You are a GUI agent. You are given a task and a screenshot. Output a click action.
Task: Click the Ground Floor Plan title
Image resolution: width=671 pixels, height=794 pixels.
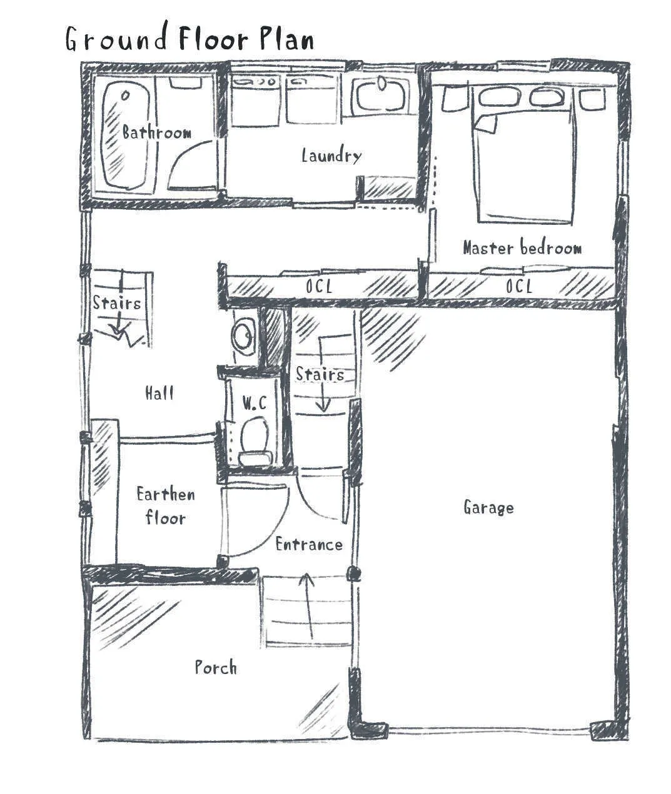[189, 38]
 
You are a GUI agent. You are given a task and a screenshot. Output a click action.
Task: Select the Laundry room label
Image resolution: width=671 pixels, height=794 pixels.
[331, 156]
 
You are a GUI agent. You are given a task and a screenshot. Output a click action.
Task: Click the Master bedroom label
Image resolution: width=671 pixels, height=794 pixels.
[522, 247]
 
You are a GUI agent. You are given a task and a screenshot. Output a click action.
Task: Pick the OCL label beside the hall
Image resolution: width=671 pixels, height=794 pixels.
[319, 286]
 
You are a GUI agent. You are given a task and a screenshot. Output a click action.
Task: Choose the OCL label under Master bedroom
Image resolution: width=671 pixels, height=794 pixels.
[519, 286]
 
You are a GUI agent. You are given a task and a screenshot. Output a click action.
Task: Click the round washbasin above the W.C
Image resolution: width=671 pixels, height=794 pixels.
[243, 335]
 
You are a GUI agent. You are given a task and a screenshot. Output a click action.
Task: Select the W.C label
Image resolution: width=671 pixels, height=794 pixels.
[255, 403]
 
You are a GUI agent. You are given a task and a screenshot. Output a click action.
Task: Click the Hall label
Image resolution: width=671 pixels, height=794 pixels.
[159, 392]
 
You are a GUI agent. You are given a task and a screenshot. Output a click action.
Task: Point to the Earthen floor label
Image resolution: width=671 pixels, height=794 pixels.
[166, 506]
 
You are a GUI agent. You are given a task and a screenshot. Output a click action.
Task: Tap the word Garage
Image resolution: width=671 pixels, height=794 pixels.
[488, 508]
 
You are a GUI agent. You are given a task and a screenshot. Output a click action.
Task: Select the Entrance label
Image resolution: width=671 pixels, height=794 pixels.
[309, 544]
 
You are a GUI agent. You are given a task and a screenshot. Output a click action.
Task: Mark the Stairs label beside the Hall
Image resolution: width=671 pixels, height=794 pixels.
[117, 303]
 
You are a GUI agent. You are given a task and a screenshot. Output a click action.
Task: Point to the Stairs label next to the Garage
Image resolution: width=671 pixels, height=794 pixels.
[320, 374]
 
